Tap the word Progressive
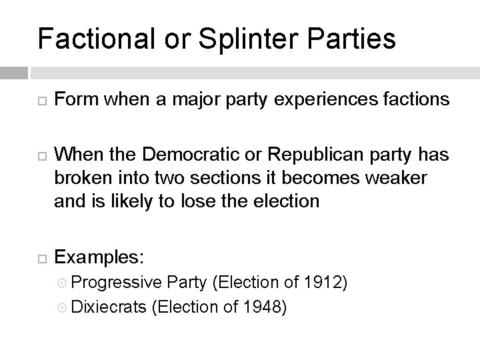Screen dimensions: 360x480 pos(115,283)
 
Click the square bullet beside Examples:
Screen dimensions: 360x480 pos(41,257)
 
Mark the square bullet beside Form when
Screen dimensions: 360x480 pos(41,101)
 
